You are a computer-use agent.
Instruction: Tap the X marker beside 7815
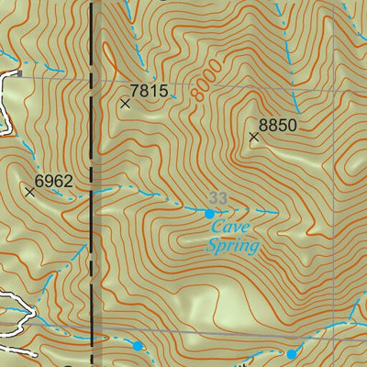point(126,104)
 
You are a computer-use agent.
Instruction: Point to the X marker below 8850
point(254,138)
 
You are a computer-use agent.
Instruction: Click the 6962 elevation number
point(53,181)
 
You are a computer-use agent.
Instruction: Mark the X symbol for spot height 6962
point(30,192)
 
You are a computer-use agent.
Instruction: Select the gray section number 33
point(217,198)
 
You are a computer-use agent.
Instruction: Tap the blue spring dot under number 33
point(209,214)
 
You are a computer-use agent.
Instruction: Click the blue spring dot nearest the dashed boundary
point(138,346)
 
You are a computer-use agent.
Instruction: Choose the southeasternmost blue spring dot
point(291,354)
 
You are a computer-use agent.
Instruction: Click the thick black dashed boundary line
point(92,183)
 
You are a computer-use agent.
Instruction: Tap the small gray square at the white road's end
point(18,72)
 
